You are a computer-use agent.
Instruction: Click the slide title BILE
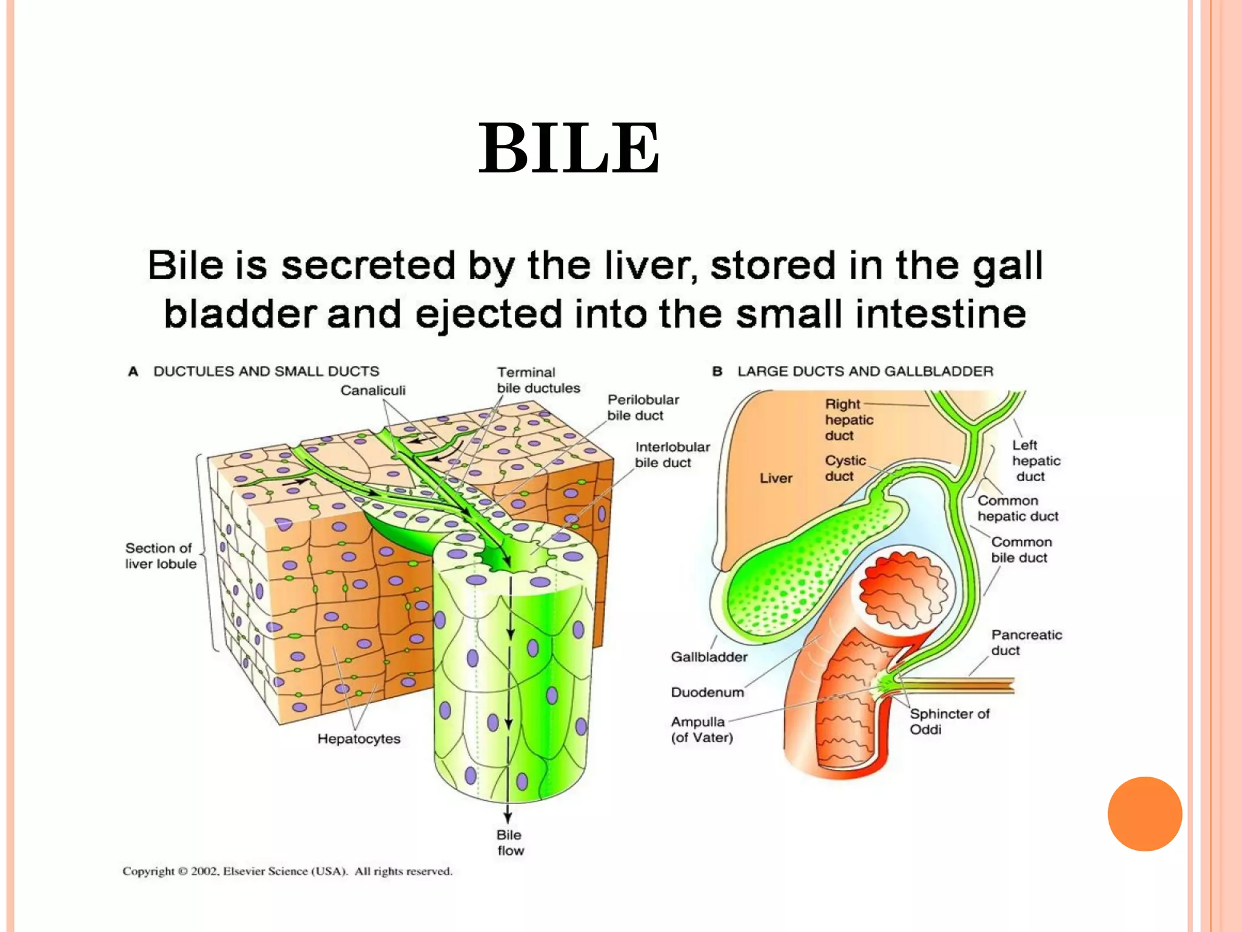coord(569,149)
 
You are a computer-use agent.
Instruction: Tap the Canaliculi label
coord(372,390)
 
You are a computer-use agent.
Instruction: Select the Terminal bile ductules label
coord(538,380)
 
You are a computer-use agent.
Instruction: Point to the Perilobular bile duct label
coord(643,407)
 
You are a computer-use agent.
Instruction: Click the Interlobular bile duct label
coord(672,454)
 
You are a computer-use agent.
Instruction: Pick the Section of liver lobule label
coord(161,555)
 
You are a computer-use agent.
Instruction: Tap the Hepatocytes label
coord(358,738)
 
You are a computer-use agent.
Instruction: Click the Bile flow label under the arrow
coord(509,842)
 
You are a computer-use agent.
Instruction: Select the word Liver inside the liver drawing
coord(776,478)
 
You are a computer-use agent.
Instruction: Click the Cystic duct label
coord(845,468)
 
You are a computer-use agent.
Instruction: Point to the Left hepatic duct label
coord(1035,461)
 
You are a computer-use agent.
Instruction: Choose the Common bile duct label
coord(1021,549)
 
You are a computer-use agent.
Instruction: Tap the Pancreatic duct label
coord(1026,642)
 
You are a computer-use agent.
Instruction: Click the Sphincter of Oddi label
coord(949,721)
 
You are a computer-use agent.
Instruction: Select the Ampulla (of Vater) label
coord(701,729)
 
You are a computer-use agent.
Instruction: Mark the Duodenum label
coord(707,692)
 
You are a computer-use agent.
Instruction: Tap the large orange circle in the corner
coord(1144,814)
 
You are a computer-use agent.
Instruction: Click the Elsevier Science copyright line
coord(287,871)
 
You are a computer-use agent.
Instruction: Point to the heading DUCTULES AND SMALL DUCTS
coord(266,371)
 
